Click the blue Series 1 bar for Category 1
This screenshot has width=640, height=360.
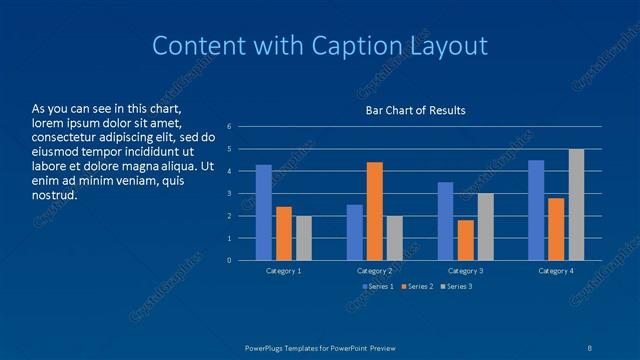264,213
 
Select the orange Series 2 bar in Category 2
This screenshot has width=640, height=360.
374,211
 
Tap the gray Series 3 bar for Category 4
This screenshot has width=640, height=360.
576,205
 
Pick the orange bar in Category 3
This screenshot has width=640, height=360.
465,240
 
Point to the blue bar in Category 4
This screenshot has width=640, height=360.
536,210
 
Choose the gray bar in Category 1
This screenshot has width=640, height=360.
304,238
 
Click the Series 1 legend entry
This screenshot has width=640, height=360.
378,287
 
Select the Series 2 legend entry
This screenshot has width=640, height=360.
417,287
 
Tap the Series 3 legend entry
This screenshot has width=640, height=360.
455,287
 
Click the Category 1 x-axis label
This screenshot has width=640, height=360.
284,271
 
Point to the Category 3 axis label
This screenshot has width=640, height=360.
465,271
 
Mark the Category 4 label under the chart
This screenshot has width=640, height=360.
556,271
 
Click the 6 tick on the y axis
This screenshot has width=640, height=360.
229,127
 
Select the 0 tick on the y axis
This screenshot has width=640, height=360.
229,261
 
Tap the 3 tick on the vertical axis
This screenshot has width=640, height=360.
229,194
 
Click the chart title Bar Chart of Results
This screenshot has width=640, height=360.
414,110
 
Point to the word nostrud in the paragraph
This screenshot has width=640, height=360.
55,195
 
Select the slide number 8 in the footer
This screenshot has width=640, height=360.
591,346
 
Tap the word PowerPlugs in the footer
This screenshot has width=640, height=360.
267,346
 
